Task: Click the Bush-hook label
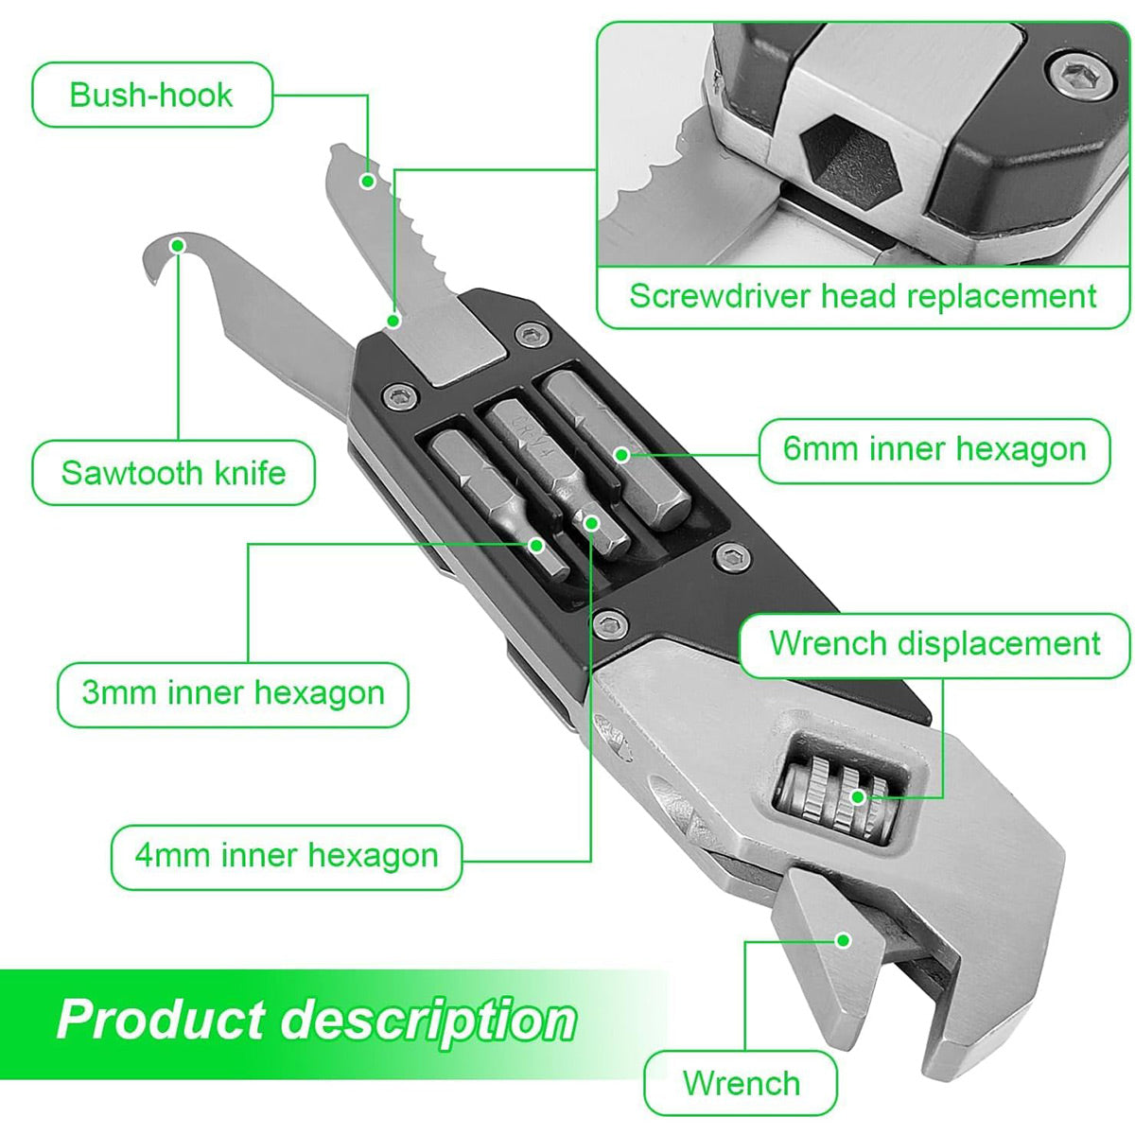click(x=151, y=95)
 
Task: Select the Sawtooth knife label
click(x=173, y=472)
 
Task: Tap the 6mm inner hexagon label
click(x=934, y=449)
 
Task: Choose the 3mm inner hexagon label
click(x=233, y=693)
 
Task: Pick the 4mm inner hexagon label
click(x=286, y=856)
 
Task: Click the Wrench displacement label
click(x=934, y=644)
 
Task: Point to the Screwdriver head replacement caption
click(x=863, y=296)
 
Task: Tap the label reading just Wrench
click(x=741, y=1083)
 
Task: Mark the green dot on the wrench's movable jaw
click(x=843, y=939)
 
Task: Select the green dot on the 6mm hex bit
click(x=621, y=454)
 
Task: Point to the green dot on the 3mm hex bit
click(x=536, y=545)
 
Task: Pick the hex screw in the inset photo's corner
click(x=1081, y=76)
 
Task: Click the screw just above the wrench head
click(x=610, y=622)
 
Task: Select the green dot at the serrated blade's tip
click(x=368, y=180)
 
